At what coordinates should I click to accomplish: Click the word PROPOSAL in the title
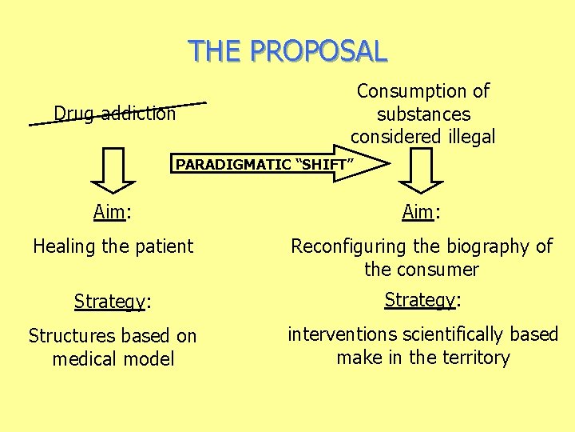pyautogui.click(x=319, y=50)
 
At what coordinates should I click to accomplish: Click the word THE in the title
pyautogui.click(x=216, y=50)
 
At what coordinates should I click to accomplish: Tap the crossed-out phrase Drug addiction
pyautogui.click(x=115, y=114)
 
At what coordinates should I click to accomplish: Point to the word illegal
pyautogui.click(x=466, y=137)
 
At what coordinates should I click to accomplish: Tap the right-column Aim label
pyautogui.click(x=418, y=212)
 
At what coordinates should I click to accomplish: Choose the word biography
pyautogui.click(x=482, y=246)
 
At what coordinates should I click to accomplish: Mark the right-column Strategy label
pyautogui.click(x=420, y=300)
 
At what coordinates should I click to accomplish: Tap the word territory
pyautogui.click(x=470, y=357)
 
